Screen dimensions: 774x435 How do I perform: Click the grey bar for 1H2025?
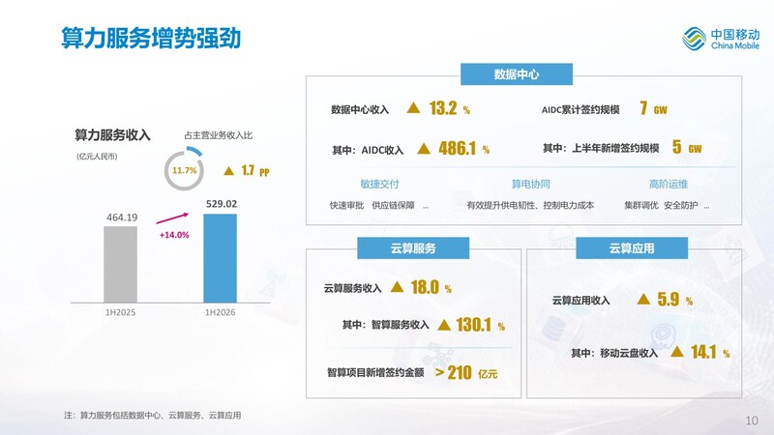click(120, 264)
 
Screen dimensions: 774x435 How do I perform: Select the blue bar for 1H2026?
click(221, 258)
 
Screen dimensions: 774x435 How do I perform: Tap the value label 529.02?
click(222, 204)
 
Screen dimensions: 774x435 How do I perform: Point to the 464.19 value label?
click(122, 217)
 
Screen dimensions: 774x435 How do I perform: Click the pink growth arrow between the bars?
click(172, 218)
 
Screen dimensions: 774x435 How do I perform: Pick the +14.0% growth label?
click(174, 235)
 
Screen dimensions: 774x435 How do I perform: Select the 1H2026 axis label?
click(221, 312)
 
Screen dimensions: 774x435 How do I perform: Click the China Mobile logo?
click(721, 39)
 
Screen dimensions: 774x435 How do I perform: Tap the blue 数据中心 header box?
click(517, 74)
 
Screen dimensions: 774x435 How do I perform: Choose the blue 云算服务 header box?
click(413, 248)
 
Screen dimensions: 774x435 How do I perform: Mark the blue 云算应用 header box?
click(632, 248)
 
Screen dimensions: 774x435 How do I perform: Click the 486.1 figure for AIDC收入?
click(457, 149)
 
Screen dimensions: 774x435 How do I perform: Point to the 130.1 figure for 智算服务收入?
click(473, 325)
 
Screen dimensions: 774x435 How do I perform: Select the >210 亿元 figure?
click(466, 373)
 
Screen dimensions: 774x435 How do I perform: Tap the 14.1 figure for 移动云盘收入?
click(703, 352)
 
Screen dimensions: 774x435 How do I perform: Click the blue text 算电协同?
click(530, 184)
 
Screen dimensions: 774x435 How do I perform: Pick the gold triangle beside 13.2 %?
click(413, 107)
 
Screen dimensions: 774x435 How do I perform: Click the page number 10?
click(752, 420)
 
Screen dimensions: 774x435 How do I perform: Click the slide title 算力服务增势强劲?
click(151, 38)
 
